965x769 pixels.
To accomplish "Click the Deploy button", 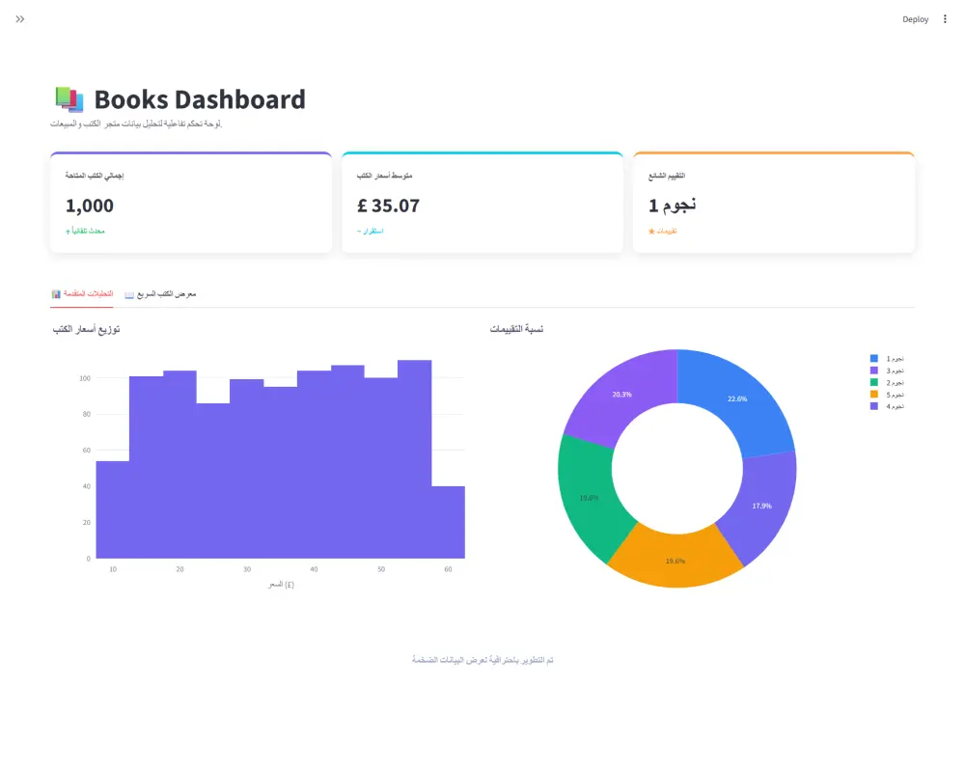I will click(915, 19).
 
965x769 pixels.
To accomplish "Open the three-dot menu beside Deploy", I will click(945, 19).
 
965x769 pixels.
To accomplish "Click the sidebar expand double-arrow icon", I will click(20, 19).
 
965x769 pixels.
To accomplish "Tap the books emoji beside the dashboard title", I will click(69, 99).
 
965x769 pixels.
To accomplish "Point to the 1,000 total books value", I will click(90, 206).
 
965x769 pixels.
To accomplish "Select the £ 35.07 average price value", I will click(388, 206).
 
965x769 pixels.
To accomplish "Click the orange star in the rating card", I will click(651, 232).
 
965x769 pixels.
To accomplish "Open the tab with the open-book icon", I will click(160, 293).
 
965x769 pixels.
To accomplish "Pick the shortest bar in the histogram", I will click(448, 522).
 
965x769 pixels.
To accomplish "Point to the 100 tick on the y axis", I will click(85, 378).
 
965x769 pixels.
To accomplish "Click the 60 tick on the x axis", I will click(448, 569).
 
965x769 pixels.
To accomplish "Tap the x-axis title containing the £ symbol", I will click(280, 584).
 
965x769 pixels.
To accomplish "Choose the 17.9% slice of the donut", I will click(762, 506).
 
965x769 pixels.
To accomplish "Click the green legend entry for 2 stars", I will click(888, 383).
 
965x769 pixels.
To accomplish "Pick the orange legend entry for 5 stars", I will click(888, 395).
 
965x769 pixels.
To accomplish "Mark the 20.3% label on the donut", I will click(621, 395).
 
